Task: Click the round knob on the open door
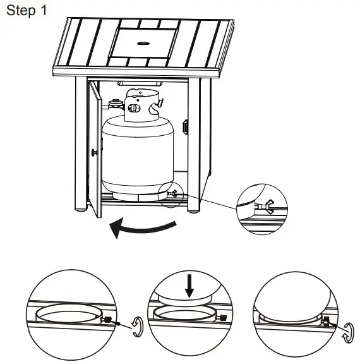point(93,152)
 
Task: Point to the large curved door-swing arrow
point(142,227)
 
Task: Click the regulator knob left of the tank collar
point(114,102)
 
